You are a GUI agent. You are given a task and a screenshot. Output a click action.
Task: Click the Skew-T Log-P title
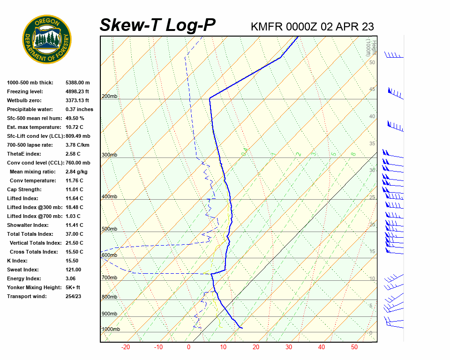(158, 25)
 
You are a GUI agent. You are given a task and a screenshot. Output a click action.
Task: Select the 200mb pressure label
(110, 97)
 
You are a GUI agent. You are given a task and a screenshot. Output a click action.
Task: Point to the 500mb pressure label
(110, 229)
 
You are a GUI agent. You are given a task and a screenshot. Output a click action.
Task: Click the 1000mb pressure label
(111, 330)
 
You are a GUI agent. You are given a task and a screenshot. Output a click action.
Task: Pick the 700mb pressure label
(110, 278)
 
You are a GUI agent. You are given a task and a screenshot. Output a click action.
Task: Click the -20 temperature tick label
(126, 347)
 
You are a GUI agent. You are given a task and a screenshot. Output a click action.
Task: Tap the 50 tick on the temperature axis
(354, 347)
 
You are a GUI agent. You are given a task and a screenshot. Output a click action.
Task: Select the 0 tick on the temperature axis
(188, 347)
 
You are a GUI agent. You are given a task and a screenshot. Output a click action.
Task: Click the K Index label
(17, 261)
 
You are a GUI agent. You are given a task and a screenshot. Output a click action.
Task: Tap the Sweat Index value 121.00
(74, 270)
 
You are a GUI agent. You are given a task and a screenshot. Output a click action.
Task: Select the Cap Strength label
(24, 189)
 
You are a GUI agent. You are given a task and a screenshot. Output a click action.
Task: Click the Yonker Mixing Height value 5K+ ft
(73, 287)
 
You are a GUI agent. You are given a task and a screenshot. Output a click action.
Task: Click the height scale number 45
(372, 90)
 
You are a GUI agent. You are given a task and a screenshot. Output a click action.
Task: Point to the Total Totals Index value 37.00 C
(75, 234)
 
